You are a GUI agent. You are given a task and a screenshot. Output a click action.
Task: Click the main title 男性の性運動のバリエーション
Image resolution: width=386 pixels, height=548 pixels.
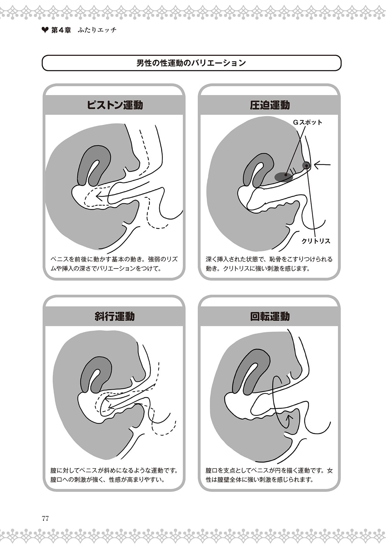(x=191, y=63)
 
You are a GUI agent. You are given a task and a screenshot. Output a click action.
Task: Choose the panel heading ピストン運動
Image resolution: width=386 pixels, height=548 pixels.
(x=115, y=105)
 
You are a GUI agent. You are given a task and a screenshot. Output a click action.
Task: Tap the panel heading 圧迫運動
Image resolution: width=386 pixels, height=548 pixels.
(x=270, y=105)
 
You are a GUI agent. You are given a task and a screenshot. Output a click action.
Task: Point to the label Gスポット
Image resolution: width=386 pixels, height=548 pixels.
(x=308, y=122)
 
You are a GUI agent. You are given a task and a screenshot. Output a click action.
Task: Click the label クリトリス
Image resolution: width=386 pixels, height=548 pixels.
(x=316, y=241)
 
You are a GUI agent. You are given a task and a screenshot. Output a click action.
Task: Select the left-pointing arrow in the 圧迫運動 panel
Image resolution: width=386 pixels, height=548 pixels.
(x=322, y=165)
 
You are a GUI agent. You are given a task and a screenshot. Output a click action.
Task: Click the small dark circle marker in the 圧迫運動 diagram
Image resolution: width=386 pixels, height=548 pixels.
(x=306, y=165)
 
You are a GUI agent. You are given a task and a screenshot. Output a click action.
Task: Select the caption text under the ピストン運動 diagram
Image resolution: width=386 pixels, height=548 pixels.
(x=114, y=264)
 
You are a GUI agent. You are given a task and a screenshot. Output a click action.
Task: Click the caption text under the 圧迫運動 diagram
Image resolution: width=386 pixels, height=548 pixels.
(x=269, y=264)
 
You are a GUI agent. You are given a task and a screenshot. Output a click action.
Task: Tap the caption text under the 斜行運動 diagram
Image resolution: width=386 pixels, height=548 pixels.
(x=114, y=475)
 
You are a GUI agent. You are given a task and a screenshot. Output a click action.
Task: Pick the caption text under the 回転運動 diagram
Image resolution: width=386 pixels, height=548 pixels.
(x=269, y=475)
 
